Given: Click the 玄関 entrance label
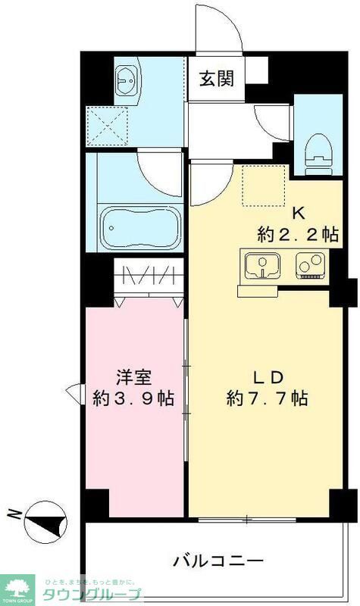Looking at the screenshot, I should point(218,78).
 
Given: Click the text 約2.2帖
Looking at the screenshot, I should point(298,235).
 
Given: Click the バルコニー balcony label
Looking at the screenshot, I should point(219,561).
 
